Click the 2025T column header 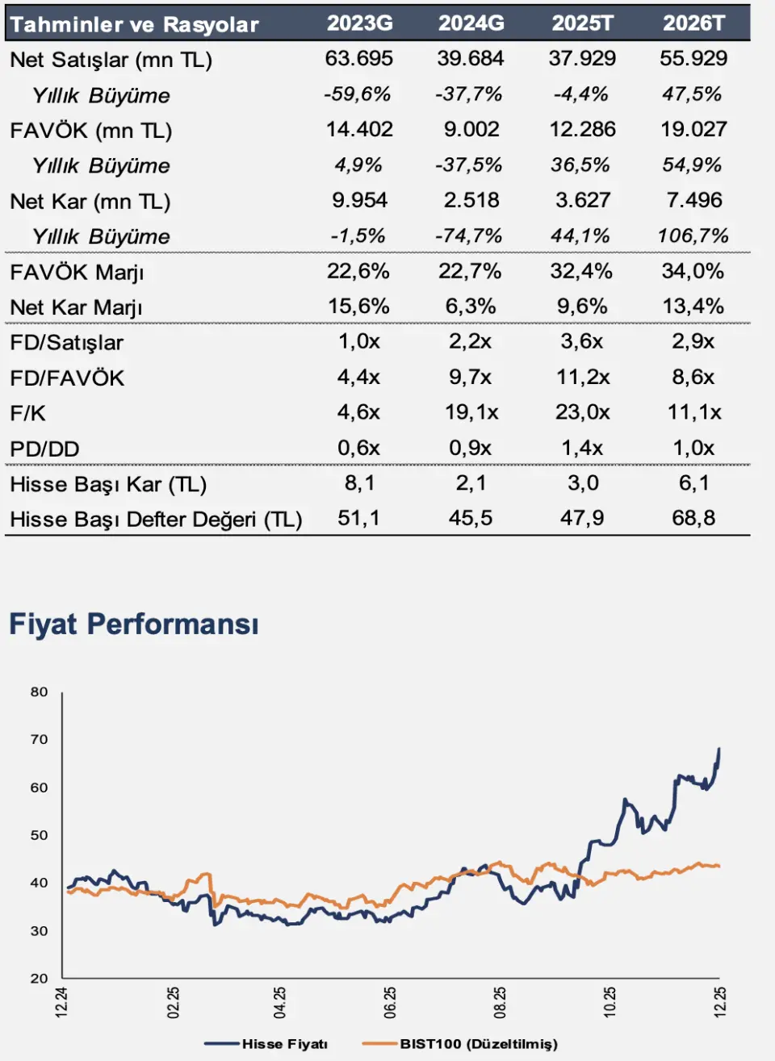(582, 23)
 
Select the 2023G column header (359, 23)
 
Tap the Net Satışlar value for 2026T (693, 59)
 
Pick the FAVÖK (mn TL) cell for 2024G (471, 129)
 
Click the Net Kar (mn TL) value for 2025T (582, 200)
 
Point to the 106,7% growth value (693, 236)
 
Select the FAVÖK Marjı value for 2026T (693, 271)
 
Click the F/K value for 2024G (471, 412)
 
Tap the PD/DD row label (44, 449)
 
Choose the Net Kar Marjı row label (76, 307)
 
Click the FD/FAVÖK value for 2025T (582, 377)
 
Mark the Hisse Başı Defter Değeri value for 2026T (693, 518)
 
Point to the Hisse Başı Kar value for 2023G (358, 483)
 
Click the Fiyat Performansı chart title (133, 624)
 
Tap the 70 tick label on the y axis (40, 739)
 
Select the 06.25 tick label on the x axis (391, 1002)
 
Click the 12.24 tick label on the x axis (62, 1002)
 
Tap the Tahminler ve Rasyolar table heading (134, 24)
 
